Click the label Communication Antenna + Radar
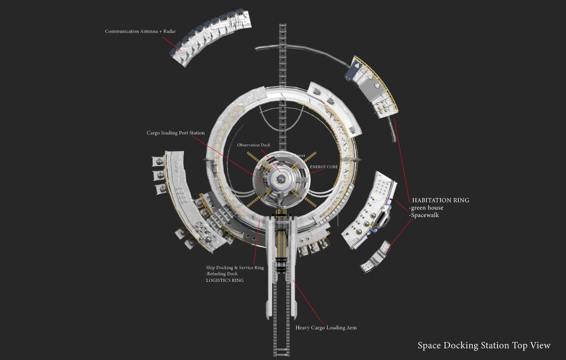[140, 31]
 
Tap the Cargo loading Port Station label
[175, 133]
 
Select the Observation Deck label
[254, 145]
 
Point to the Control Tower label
[291, 156]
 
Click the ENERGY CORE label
[324, 167]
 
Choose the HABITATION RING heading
[441, 200]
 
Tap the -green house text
[426, 208]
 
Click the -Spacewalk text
[424, 215]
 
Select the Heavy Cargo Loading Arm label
[326, 327]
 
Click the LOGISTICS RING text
[225, 280]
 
